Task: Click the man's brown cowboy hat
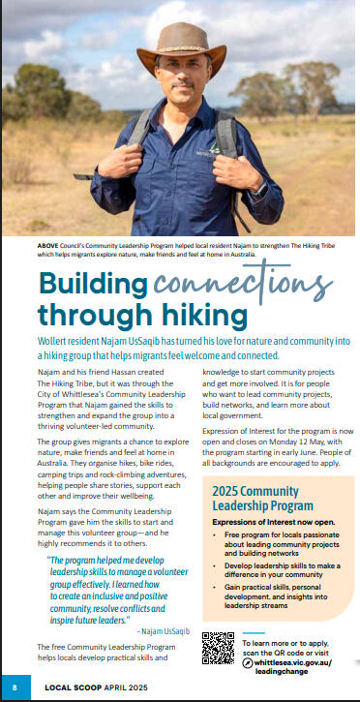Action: coord(179,39)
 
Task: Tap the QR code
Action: coord(220,648)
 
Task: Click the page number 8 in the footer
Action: coord(14,689)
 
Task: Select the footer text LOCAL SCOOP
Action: coord(77,689)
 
